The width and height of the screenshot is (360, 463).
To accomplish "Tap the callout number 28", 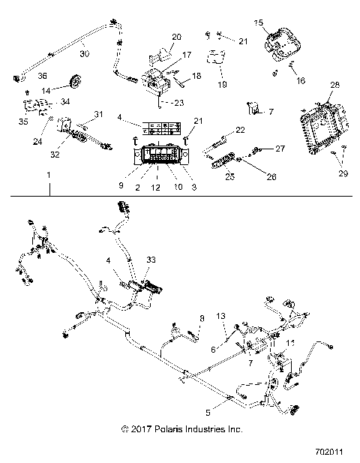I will point(334,86).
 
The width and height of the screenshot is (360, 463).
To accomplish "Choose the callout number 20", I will point(177,37).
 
